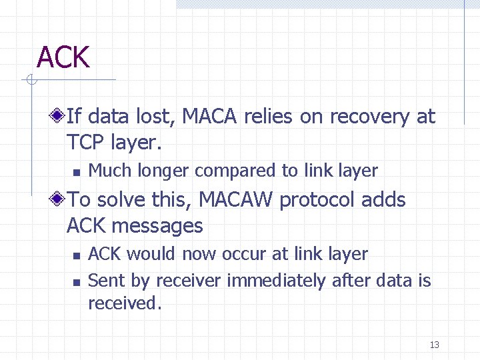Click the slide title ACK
(x=63, y=57)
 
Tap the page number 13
(x=435, y=345)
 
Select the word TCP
(x=85, y=143)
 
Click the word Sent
(x=107, y=281)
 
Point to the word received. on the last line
(x=125, y=303)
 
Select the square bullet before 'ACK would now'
(x=77, y=255)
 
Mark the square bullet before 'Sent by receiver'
(x=77, y=282)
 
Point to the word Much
(x=111, y=171)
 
